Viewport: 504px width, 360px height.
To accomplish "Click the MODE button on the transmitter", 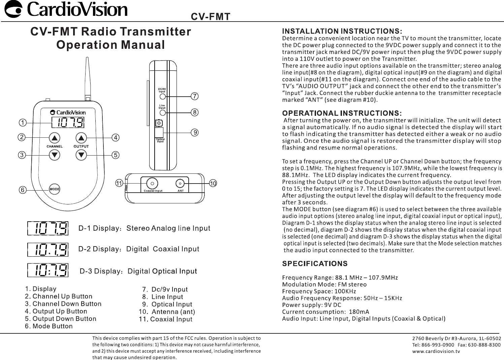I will click(54, 189).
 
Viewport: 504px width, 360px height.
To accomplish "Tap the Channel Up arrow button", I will click(55, 138).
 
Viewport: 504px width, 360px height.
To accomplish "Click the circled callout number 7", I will click(194, 96).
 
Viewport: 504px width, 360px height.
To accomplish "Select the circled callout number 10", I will click(213, 184).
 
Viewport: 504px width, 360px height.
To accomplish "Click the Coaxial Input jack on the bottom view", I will click(152, 184).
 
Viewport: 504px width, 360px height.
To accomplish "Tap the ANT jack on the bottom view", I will click(180, 184).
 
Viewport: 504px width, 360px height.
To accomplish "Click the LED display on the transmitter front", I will click(68, 122).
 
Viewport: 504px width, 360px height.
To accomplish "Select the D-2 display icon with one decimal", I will click(48, 250).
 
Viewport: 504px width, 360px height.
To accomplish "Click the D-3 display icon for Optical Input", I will click(48, 270).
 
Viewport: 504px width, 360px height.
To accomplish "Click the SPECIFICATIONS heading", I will click(315, 263).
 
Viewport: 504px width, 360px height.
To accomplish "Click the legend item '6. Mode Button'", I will click(49, 326).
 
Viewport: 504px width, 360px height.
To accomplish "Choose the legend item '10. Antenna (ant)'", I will click(167, 312).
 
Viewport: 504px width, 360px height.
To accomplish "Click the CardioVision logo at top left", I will click(65, 10).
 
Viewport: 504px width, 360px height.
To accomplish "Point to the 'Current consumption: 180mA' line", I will click(325, 312).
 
